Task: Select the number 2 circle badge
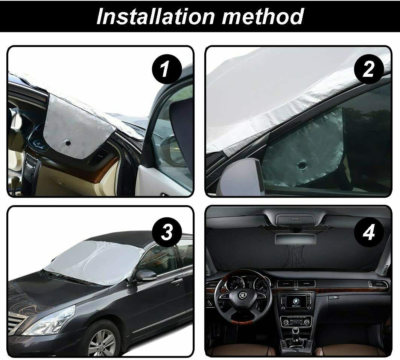pyautogui.click(x=368, y=69)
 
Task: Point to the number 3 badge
pyautogui.click(x=167, y=232)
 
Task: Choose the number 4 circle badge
pyautogui.click(x=369, y=232)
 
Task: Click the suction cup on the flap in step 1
pyautogui.click(x=68, y=143)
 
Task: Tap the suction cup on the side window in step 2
pyautogui.click(x=302, y=165)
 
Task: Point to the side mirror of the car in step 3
pyautogui.click(x=145, y=276)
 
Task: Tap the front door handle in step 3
pyautogui.click(x=177, y=281)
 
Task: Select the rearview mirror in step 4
pyautogui.click(x=295, y=238)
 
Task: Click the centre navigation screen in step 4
pyautogui.click(x=296, y=302)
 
